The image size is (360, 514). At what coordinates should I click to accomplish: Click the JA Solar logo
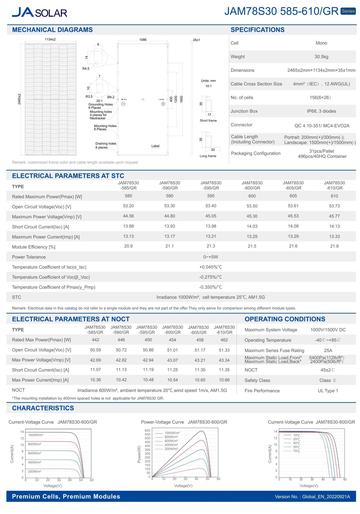(39, 12)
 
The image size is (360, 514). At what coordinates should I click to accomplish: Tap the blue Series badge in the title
(348, 11)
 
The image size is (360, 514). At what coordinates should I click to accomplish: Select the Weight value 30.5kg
(321, 57)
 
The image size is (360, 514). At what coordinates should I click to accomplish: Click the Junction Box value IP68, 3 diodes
(321, 111)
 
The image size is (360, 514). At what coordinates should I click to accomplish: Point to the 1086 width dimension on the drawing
(143, 40)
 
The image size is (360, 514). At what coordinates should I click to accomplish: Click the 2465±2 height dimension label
(19, 99)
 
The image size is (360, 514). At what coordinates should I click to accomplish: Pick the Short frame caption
(208, 121)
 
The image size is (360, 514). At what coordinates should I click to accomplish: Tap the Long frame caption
(208, 156)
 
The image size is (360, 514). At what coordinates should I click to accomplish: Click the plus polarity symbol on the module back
(163, 104)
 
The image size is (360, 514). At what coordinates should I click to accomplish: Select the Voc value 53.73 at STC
(334, 206)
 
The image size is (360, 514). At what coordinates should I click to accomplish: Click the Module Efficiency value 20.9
(128, 246)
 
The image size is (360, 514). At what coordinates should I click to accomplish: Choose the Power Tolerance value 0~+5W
(211, 257)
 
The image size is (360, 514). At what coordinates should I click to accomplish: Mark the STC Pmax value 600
(252, 196)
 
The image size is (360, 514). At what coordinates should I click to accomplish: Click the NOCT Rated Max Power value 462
(224, 340)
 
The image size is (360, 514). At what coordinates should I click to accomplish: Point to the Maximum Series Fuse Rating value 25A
(328, 350)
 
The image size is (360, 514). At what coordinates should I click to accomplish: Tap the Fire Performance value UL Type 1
(328, 391)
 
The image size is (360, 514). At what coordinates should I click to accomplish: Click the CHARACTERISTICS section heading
(43, 408)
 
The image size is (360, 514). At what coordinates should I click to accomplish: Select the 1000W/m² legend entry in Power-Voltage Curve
(172, 433)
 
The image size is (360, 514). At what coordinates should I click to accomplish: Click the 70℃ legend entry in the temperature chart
(296, 451)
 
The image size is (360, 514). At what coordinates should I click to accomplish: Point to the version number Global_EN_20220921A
(326, 497)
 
